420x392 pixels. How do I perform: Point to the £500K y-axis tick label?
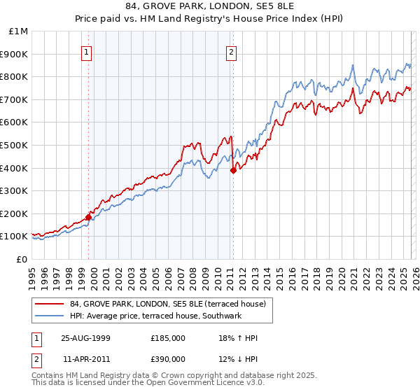(15, 145)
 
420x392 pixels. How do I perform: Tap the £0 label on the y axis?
(22, 259)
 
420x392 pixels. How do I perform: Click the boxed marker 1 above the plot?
(86, 51)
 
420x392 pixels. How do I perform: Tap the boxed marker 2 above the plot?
(231, 51)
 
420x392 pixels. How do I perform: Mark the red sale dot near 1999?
(89, 217)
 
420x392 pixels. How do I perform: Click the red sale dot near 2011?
(233, 170)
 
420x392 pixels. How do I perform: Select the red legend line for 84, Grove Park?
(49, 304)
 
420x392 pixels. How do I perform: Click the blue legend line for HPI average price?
(49, 316)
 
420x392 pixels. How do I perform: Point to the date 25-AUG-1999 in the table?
(85, 338)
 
